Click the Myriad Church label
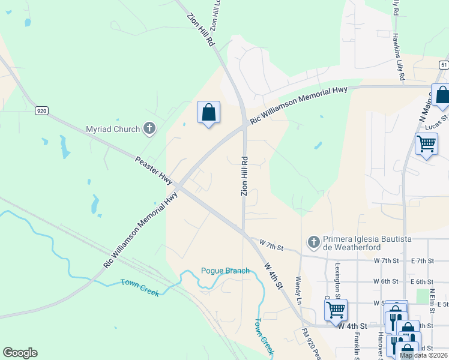point(112,128)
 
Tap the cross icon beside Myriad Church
point(149,128)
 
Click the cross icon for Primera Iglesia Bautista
point(313,242)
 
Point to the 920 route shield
point(41,110)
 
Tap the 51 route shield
point(443,65)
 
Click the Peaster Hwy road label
point(154,170)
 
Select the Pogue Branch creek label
point(225,271)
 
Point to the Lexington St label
point(339,280)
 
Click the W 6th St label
point(386,281)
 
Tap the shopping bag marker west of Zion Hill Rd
point(208,112)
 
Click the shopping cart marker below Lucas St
point(426,144)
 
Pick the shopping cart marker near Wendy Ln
point(336,310)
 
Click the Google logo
point(20,353)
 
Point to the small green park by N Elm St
point(432,296)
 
